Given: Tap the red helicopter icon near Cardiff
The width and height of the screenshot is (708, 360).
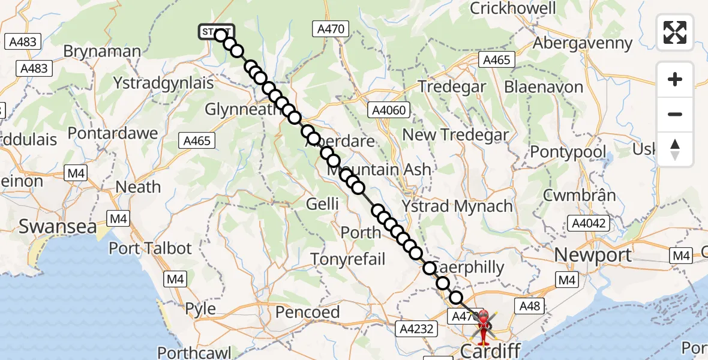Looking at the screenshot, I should coord(483,325).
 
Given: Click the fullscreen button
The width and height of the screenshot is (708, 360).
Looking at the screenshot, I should coord(675,32).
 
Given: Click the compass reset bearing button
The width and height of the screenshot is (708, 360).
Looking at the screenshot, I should coord(675,149).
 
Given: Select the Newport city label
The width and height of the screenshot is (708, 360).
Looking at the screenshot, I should coord(593,255).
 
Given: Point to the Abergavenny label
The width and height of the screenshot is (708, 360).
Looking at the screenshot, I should coord(583,43).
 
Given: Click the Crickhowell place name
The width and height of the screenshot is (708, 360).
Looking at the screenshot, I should coord(513,8).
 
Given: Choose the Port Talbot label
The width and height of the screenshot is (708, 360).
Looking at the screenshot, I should coord(150,248).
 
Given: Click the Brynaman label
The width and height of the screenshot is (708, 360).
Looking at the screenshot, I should coord(102,52).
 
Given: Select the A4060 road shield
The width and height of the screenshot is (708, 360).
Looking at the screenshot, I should coord(389,110).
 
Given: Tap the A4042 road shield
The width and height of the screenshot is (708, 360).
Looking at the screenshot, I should coord(590,224).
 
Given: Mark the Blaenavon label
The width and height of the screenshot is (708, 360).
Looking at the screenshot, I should coord(544,87).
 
